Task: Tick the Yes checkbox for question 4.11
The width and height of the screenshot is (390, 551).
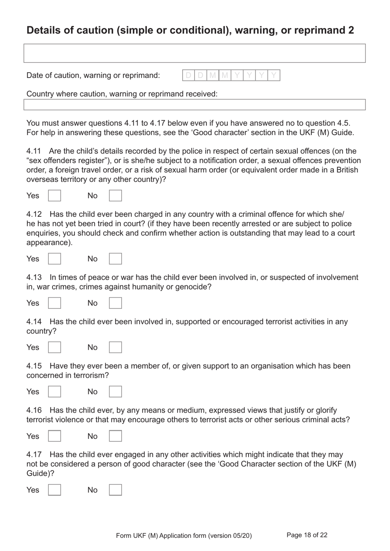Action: click(55, 195)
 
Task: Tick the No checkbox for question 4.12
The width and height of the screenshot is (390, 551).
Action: click(115, 259)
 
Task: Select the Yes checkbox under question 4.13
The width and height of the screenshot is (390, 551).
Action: click(55, 303)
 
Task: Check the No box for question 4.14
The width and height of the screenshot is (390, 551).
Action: click(115, 347)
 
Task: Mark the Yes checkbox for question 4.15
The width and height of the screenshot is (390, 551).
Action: click(55, 392)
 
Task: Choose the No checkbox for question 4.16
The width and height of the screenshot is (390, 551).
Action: click(115, 436)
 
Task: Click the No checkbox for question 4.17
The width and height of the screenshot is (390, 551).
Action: click(115, 490)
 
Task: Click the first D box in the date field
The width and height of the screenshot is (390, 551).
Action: click(188, 75)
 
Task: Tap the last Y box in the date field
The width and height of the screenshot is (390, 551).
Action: click(274, 75)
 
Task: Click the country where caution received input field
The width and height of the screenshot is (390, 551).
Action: click(194, 105)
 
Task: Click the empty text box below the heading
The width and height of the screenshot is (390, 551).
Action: click(194, 53)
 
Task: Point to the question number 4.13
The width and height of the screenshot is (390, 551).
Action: click(34, 278)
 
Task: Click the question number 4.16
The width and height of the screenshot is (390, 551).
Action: click(34, 411)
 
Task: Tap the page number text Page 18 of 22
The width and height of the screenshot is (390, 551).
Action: click(307, 535)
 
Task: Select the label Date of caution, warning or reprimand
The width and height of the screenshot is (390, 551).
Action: click(93, 76)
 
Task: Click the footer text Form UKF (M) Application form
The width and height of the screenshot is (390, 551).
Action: click(184, 535)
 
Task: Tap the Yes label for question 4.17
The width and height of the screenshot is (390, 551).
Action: click(33, 490)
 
